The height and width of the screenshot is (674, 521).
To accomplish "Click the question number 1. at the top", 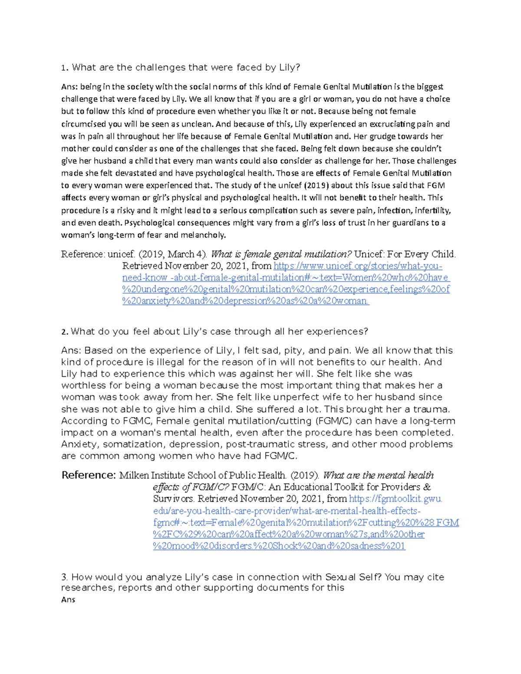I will pos(65,68).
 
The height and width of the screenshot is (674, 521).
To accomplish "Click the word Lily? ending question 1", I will pos(289,67).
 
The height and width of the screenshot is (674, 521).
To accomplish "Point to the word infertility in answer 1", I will pos(432,210).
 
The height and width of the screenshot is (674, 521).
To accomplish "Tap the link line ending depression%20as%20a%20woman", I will pos(245,301).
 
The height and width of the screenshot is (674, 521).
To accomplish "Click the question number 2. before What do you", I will pos(65,332).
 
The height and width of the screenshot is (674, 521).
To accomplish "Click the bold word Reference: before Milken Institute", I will pos(89,475).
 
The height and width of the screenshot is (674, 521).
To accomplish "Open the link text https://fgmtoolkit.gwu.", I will pos(396,499).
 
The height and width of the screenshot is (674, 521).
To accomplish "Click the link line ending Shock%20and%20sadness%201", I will pos(279,546).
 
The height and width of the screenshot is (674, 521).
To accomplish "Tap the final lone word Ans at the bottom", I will pos(68,600).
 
